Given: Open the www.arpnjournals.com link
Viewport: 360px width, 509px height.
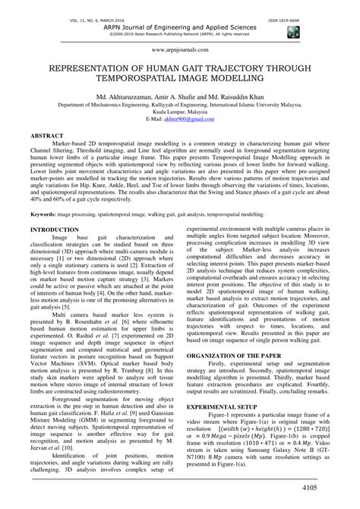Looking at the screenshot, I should [x=179, y=46].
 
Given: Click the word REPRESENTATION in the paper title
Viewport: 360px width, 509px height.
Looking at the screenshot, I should [x=99, y=67].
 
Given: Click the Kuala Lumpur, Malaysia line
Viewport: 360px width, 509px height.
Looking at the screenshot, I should [x=179, y=112].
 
